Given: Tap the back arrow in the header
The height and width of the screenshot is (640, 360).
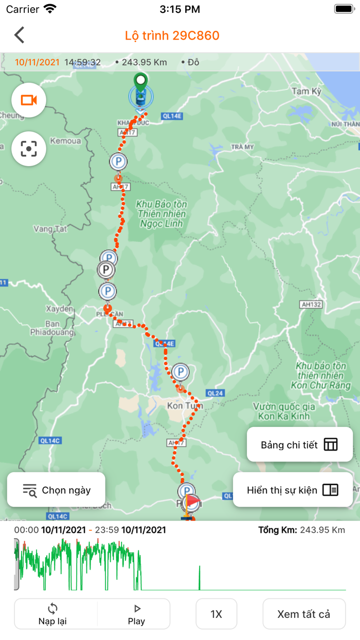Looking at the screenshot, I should [x=20, y=35].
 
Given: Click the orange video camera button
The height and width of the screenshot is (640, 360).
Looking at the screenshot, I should [x=29, y=100].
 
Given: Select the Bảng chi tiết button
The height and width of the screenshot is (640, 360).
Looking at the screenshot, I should [x=299, y=445].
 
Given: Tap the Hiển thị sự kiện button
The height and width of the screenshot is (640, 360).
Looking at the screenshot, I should [x=293, y=490].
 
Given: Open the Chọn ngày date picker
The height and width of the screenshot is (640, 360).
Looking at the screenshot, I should [x=56, y=490].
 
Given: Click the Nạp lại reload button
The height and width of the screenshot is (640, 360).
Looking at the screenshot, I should [x=52, y=614].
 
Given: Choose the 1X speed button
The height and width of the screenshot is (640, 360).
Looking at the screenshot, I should [x=216, y=614].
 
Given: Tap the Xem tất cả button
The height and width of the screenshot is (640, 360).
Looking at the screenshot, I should [x=303, y=614].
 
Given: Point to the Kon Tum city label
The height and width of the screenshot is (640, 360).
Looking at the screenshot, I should [x=185, y=406].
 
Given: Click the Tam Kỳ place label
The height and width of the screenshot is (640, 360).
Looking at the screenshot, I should [x=306, y=92].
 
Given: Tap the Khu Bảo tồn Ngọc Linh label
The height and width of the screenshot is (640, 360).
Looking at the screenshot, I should [x=161, y=214].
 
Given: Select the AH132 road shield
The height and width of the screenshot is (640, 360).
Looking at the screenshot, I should [x=311, y=305].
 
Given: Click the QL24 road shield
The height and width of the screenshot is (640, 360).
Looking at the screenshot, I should [x=215, y=394].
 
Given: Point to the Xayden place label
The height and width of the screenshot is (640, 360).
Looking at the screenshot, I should [x=60, y=309].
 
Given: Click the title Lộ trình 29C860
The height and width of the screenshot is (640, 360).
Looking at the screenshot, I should [x=172, y=35].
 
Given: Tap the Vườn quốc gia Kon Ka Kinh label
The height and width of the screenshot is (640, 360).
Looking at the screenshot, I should [x=284, y=411].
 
